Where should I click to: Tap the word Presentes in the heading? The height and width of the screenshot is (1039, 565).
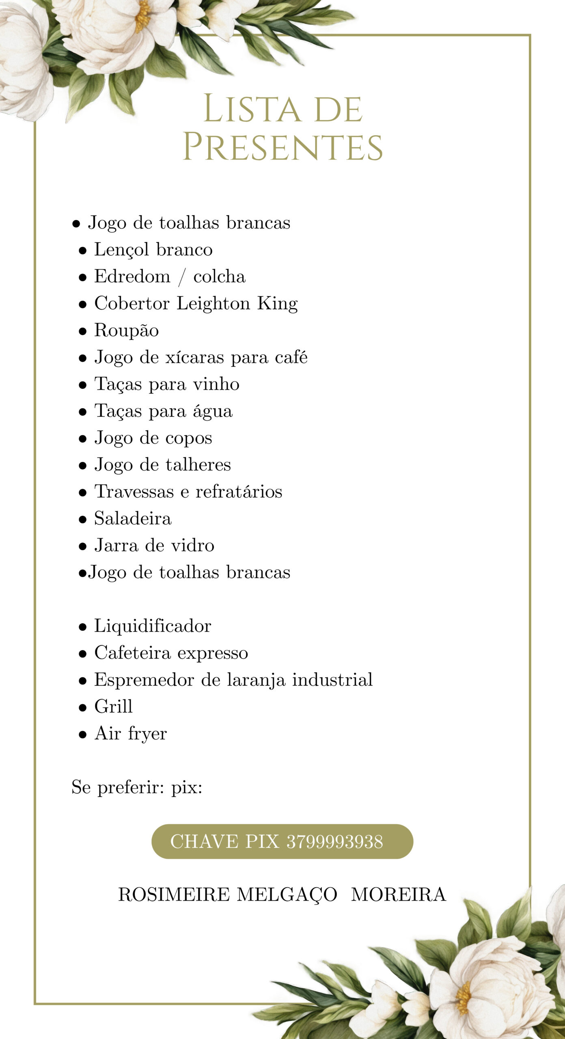coord(282,147)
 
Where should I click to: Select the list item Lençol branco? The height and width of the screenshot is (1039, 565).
coord(153,249)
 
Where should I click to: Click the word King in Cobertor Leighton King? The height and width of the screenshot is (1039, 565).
coord(278,304)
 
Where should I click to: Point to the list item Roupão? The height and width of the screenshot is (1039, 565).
coord(126,330)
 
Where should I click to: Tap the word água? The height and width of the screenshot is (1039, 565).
coord(213,411)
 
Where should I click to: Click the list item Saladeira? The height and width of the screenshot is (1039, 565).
coord(133,518)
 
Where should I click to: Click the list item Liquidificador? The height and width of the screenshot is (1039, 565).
coord(153,626)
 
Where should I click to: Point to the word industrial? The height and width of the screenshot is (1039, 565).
coord(332,679)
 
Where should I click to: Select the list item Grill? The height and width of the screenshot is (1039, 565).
coord(113,707)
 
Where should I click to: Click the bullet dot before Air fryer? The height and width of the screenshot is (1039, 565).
coord(83,734)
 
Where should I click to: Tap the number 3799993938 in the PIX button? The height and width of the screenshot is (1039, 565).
coord(335,841)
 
